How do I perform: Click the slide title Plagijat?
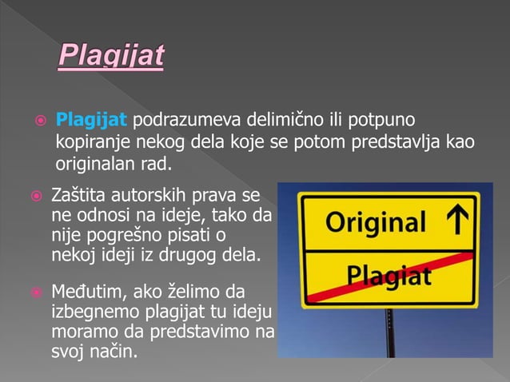point(111,57)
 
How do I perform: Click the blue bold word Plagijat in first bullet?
point(91,121)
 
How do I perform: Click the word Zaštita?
point(77,194)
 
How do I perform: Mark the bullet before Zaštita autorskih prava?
point(35,195)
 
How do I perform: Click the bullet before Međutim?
point(35,292)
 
